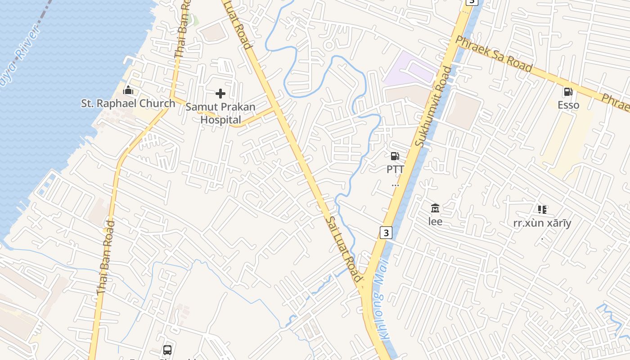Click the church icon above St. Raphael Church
tap(128, 90)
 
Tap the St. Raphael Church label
tap(128, 103)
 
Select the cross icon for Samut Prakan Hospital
tap(220, 94)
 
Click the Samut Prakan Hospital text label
tap(220, 113)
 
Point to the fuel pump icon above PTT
tap(395, 156)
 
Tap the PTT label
tap(395, 170)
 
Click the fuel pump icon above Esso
tap(568, 92)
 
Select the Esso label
tap(568, 105)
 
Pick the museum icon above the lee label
tap(435, 208)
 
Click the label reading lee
tap(435, 222)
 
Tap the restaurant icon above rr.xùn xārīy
tap(542, 209)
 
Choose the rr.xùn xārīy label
tap(542, 223)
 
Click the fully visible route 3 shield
tap(386, 233)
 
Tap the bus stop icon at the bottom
tap(167, 350)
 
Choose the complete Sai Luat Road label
tap(344, 249)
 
